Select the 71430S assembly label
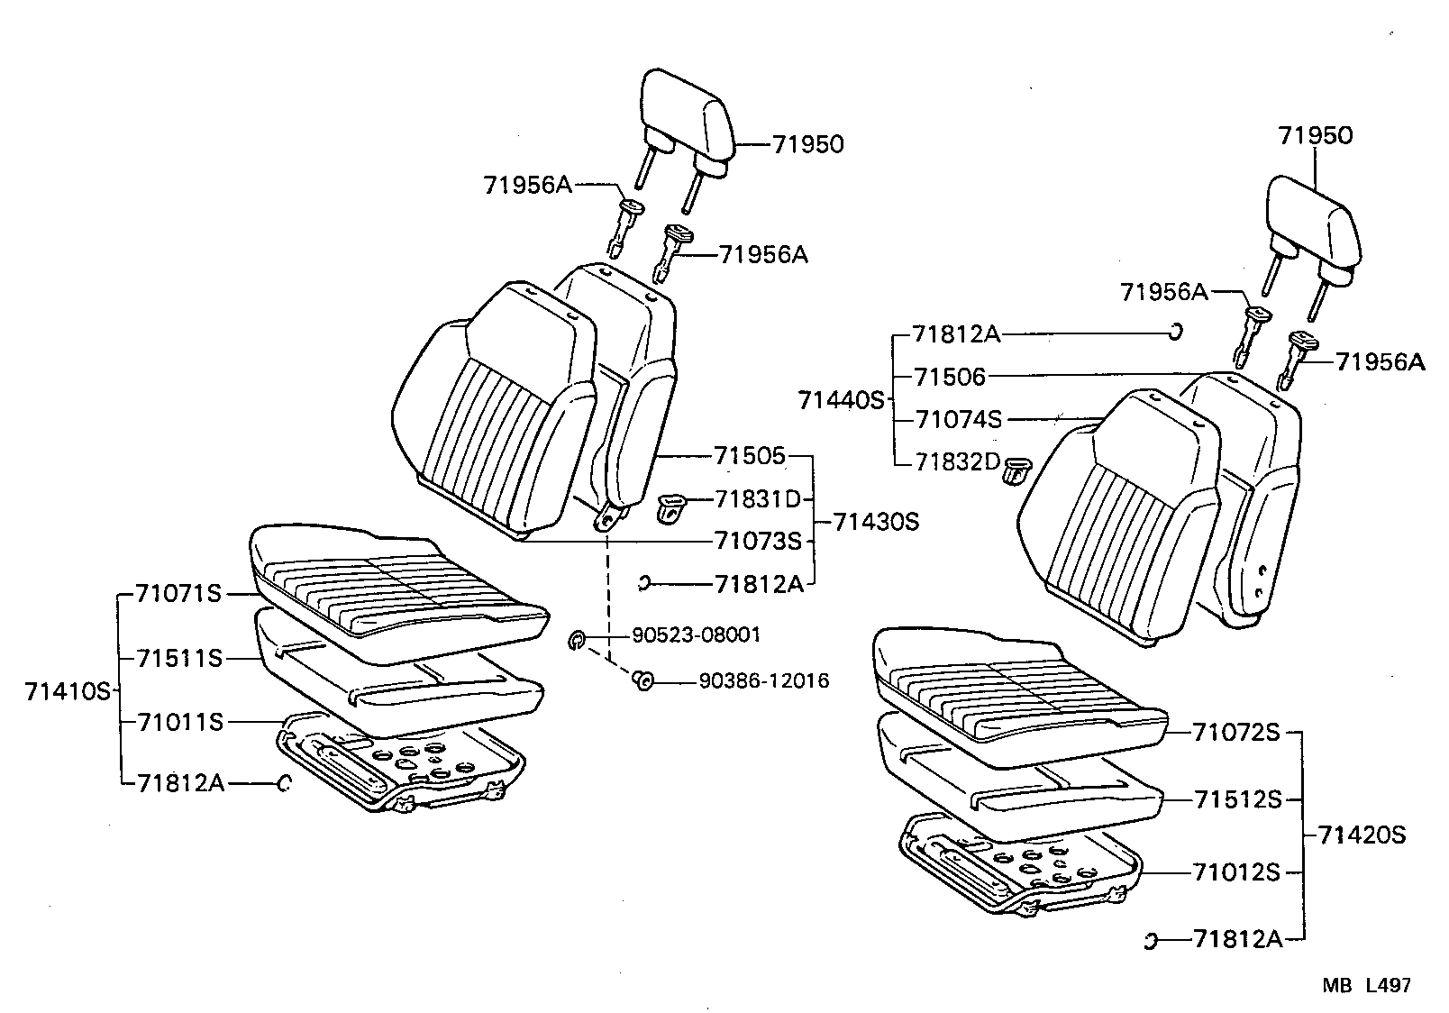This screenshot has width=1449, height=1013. (x=876, y=522)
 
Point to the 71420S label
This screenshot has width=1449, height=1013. (x=1362, y=835)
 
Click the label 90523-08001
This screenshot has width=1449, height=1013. (x=696, y=635)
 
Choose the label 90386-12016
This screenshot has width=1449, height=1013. (x=763, y=680)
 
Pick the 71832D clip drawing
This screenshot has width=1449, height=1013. (x=1017, y=470)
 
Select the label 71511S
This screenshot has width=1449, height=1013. (x=180, y=659)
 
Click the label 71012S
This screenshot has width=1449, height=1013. (x=1236, y=872)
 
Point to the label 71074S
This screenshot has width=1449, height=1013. (x=959, y=419)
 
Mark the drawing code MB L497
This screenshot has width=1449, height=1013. (x=1366, y=986)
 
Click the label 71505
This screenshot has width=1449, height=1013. (x=750, y=456)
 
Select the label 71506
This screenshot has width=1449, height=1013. (x=950, y=376)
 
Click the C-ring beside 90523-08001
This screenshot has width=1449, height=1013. (x=577, y=640)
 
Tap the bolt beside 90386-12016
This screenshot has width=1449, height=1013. (x=642, y=680)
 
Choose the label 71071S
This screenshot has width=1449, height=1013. (x=178, y=594)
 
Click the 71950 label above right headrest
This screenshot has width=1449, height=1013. (x=1315, y=135)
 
